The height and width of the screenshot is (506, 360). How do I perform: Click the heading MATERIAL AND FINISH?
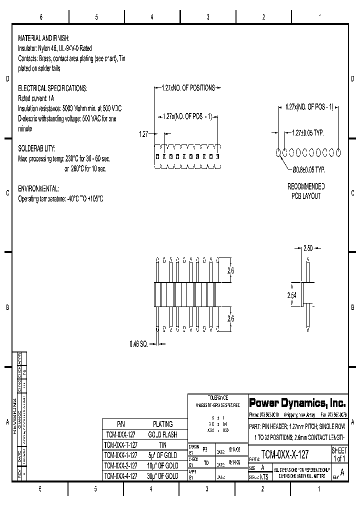pos(43,38)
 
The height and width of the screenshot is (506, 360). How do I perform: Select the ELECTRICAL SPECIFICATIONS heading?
pos(52,88)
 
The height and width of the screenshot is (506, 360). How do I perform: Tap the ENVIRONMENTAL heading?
pos(38,189)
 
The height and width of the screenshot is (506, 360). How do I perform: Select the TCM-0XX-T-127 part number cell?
pos(120,445)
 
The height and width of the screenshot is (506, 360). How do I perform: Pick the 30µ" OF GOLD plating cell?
pos(163,476)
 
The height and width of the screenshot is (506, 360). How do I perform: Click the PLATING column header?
pos(163,424)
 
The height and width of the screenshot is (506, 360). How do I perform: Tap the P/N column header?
pos(120,424)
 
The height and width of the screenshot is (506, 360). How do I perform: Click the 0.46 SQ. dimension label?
pos(138,344)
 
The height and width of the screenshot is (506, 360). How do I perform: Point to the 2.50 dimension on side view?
pos(308,248)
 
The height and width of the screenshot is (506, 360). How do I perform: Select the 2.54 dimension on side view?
pos(292,296)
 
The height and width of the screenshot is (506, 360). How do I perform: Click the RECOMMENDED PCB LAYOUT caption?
pos(306,191)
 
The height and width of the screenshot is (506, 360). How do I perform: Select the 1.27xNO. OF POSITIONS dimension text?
pos(188,88)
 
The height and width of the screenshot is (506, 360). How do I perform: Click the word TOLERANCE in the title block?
pos(217,397)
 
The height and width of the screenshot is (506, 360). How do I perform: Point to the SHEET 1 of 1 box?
pos(339,454)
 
